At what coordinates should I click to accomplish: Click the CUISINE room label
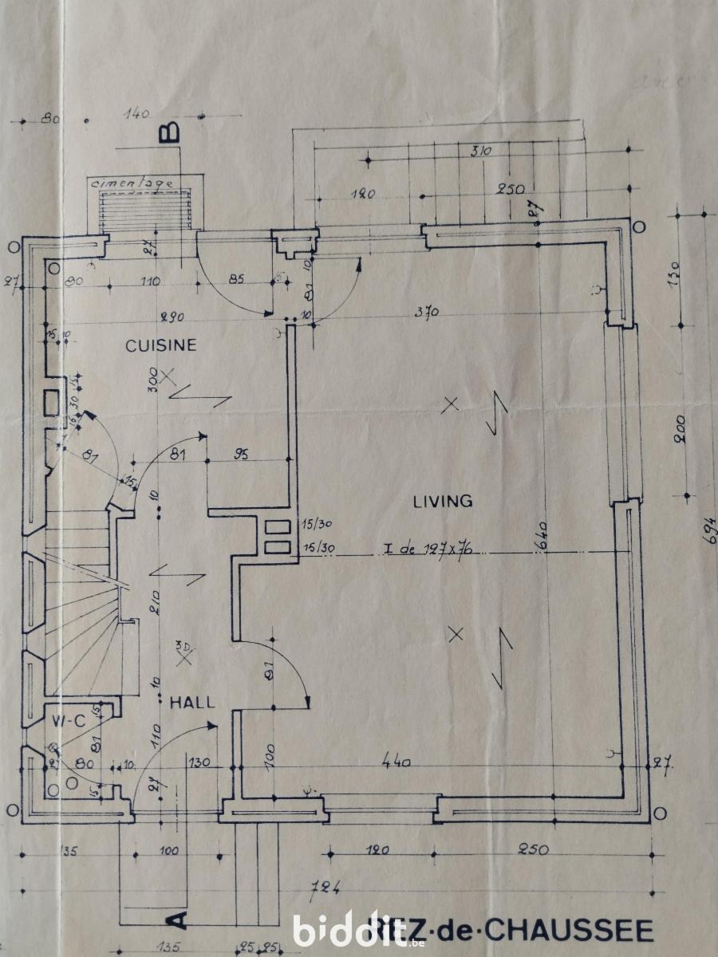[161, 345]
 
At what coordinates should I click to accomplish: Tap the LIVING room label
[443, 502]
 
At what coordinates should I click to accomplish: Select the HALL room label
[192, 703]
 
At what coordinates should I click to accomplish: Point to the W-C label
[69, 721]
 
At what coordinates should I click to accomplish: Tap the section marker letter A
[178, 920]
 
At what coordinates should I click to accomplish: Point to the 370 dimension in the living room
[427, 313]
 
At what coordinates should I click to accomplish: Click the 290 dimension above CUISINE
[172, 317]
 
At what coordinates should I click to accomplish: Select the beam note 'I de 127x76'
[429, 549]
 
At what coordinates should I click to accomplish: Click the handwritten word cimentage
[133, 183]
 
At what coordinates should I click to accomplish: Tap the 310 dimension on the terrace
[480, 151]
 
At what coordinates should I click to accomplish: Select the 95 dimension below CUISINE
[242, 455]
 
